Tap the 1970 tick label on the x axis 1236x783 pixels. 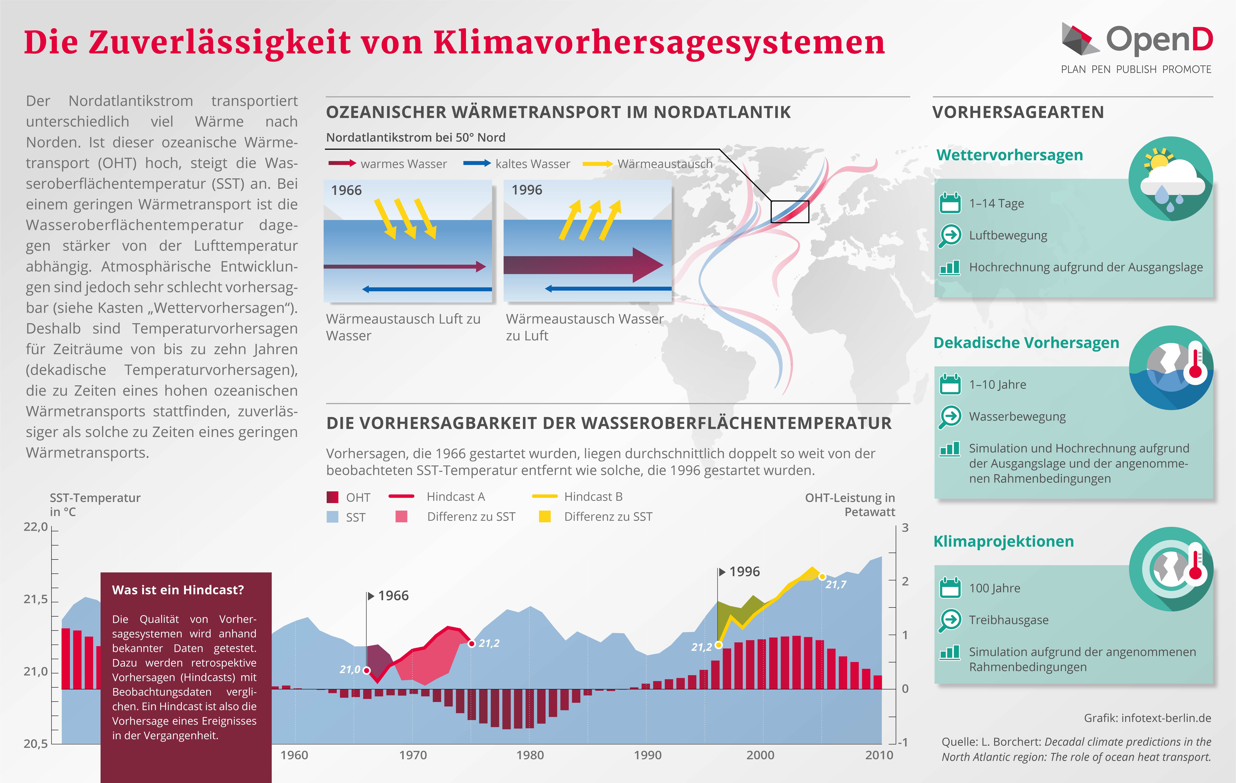pos(413,755)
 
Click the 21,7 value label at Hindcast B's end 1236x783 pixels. pos(836,584)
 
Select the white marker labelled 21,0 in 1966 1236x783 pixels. pos(367,670)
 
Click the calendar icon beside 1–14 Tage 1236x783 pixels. pos(950,203)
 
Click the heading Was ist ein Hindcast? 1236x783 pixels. pos(178,590)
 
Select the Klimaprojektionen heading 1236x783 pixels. pos(1004,541)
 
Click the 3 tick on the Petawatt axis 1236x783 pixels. pos(905,528)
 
